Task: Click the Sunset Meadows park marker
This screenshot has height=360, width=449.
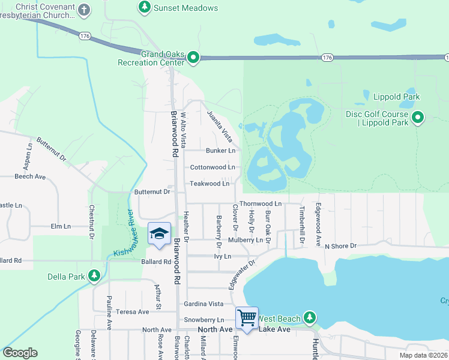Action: tap(144, 8)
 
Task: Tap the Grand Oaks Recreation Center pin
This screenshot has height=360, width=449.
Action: tap(193, 58)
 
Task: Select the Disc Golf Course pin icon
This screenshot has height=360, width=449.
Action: tap(418, 118)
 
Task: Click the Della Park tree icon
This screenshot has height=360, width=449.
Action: tap(94, 276)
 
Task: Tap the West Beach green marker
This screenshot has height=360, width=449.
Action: tap(309, 317)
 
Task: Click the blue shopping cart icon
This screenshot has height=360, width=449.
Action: tap(247, 318)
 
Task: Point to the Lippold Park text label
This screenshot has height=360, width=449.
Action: tap(396, 97)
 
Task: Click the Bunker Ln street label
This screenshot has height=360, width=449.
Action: tap(220, 151)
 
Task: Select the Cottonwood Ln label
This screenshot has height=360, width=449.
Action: tap(212, 167)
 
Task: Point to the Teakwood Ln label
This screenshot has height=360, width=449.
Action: tap(209, 184)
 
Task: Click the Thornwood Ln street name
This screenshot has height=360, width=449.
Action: tap(261, 204)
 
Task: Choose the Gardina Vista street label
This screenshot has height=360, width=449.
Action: tap(203, 304)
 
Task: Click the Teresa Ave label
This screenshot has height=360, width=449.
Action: tap(133, 312)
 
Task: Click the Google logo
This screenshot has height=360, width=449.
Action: tap(20, 353)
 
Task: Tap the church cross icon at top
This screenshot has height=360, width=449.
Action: tap(84, 10)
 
